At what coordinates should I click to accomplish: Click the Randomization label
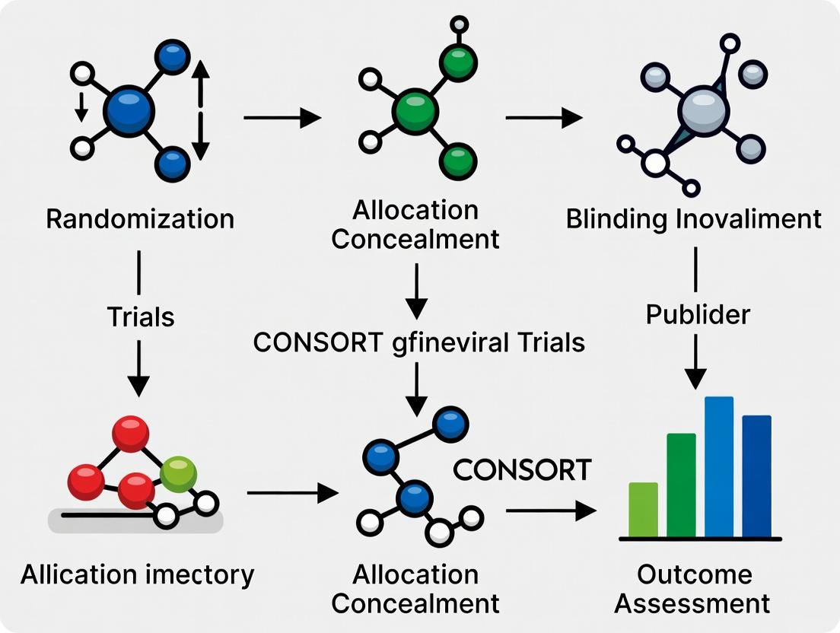140,219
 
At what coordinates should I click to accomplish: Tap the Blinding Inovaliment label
694,219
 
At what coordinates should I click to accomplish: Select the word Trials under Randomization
141,316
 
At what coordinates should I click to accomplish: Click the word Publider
698,314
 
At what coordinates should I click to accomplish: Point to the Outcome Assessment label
693,589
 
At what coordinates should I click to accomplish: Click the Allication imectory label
138,575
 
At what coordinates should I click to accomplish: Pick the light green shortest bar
643,509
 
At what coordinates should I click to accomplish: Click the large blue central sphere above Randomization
129,112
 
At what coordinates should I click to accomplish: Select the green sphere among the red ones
179,473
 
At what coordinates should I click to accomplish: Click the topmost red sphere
130,434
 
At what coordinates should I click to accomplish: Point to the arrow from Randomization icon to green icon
282,118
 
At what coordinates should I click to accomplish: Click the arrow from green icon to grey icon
543,118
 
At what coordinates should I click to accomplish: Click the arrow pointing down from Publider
695,361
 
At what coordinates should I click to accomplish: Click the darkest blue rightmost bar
756,476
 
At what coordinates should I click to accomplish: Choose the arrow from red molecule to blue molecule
292,494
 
